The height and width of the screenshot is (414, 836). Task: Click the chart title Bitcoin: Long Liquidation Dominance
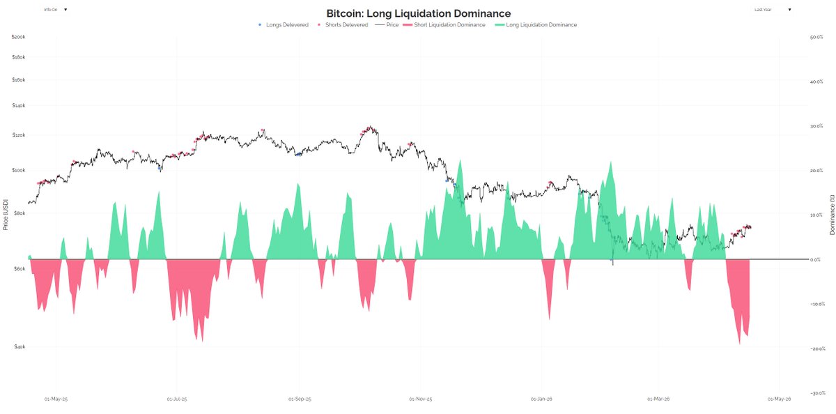click(x=418, y=13)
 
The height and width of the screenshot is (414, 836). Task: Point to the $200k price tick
click(x=18, y=37)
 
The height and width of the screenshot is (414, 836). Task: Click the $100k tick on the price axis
click(x=18, y=170)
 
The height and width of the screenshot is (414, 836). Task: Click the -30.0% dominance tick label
click(x=817, y=393)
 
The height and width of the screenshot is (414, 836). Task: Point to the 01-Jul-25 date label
click(x=178, y=399)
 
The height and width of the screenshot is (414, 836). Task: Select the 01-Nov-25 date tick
click(x=420, y=399)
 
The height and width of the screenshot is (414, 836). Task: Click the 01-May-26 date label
click(x=780, y=399)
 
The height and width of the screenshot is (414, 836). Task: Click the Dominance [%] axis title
click(x=832, y=215)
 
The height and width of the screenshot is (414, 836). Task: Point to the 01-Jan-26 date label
click(x=541, y=399)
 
